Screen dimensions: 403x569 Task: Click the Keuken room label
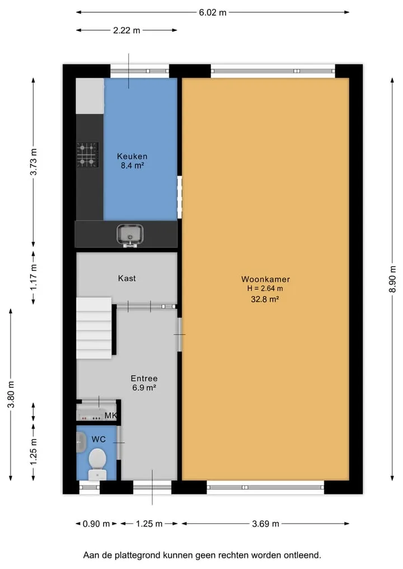pyautogui.click(x=132, y=157)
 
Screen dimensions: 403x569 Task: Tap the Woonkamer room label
pyautogui.click(x=265, y=279)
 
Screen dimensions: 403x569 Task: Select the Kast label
pyautogui.click(x=126, y=278)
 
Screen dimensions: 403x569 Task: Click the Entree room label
pyautogui.click(x=144, y=378)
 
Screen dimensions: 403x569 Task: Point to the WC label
pyautogui.click(x=99, y=439)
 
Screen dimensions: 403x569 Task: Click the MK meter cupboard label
pyautogui.click(x=110, y=416)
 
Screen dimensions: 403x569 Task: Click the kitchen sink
pyautogui.click(x=130, y=235)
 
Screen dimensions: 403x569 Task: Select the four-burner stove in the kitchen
pyautogui.click(x=87, y=155)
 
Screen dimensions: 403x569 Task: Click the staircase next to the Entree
pyautogui.click(x=94, y=328)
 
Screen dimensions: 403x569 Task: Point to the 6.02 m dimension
pyautogui.click(x=212, y=12)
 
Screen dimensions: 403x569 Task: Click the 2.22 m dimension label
pyautogui.click(x=126, y=30)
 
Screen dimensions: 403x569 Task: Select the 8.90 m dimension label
pyautogui.click(x=392, y=279)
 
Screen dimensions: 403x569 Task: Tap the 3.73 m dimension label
pyautogui.click(x=34, y=162)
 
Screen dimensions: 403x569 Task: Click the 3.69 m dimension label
pyautogui.click(x=265, y=524)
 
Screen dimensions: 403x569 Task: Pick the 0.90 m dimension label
pyautogui.click(x=96, y=524)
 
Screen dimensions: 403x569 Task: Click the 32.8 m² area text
pyautogui.click(x=265, y=299)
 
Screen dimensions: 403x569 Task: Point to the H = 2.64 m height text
pyautogui.click(x=265, y=289)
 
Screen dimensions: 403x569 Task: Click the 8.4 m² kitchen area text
pyautogui.click(x=132, y=166)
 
